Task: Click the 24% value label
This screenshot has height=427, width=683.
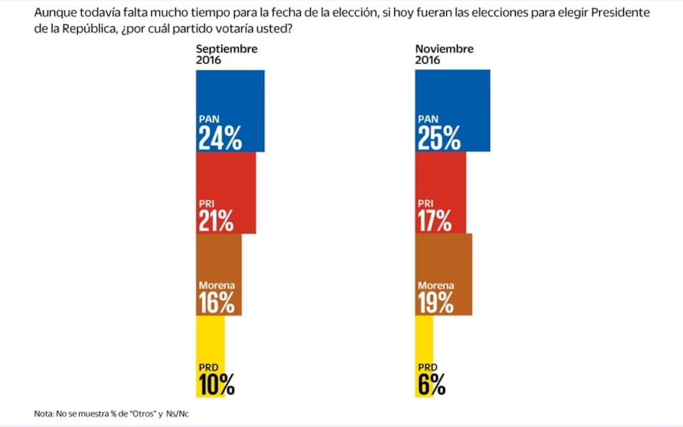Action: [220, 138]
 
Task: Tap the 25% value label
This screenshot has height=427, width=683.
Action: [439, 138]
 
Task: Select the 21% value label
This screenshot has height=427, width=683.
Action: [215, 221]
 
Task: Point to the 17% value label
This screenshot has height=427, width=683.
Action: [434, 221]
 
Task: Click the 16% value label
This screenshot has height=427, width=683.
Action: [216, 303]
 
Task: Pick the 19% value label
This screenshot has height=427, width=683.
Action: [435, 303]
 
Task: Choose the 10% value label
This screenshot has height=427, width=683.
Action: [215, 385]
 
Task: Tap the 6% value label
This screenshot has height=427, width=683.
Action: [431, 385]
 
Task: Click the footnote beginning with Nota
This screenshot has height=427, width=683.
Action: [112, 414]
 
